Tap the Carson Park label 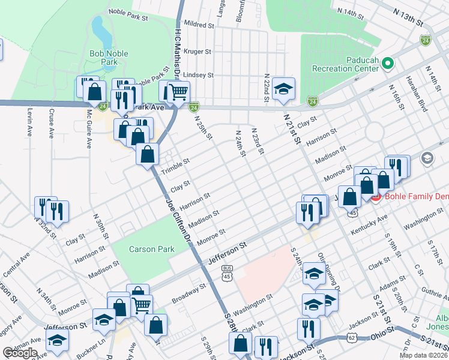pyautogui.click(x=151, y=249)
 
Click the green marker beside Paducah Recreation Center pyautogui.click(x=387, y=62)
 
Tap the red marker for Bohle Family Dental pyautogui.click(x=376, y=197)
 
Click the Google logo pyautogui.click(x=20, y=353)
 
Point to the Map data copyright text pyautogui.click(x=423, y=355)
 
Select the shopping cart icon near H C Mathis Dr pyautogui.click(x=178, y=92)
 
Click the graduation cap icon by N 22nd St pyautogui.click(x=283, y=89)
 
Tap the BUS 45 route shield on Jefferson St pyautogui.click(x=227, y=273)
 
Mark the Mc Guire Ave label pyautogui.click(x=89, y=128)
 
